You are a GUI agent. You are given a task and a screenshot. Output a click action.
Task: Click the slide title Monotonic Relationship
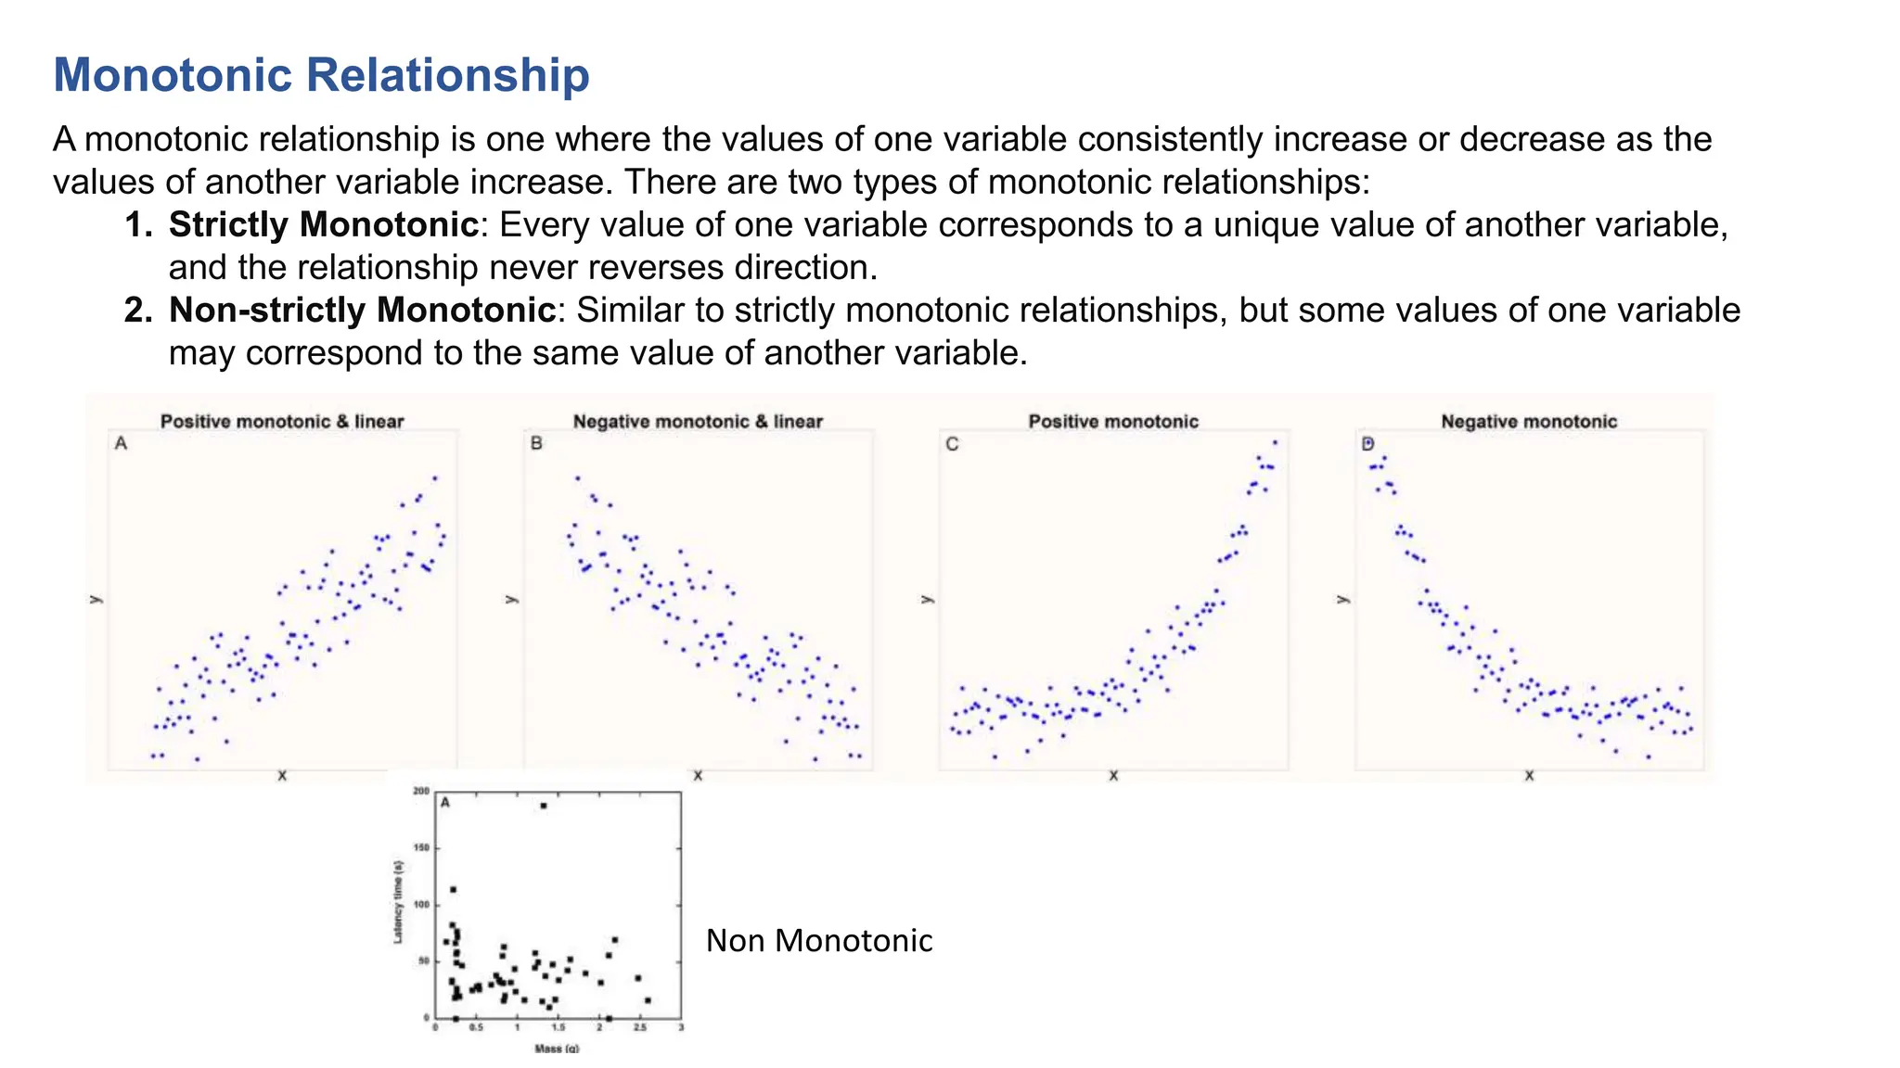(321, 75)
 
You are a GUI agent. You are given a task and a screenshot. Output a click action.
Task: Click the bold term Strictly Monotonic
(323, 224)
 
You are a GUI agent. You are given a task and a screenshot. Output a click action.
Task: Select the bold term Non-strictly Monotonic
(362, 310)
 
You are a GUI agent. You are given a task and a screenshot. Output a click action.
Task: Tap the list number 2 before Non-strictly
(137, 310)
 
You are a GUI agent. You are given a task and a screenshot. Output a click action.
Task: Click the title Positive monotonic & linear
(282, 422)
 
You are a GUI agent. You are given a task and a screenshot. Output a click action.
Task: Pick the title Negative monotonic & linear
(698, 422)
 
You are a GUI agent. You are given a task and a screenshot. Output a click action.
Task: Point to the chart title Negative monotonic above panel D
(1529, 422)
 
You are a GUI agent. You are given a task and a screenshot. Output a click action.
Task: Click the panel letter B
(536, 444)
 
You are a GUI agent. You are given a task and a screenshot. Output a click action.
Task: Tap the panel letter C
(952, 444)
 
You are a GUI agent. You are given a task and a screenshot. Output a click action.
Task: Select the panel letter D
(1367, 444)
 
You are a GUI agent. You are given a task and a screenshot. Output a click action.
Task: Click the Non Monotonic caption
(819, 941)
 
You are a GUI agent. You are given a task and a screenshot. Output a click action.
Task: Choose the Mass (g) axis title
(557, 1049)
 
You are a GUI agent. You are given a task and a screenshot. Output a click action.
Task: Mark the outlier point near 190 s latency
(544, 806)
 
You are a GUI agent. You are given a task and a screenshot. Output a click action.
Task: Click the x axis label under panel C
(1113, 776)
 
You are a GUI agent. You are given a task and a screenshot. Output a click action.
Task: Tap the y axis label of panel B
(510, 599)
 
